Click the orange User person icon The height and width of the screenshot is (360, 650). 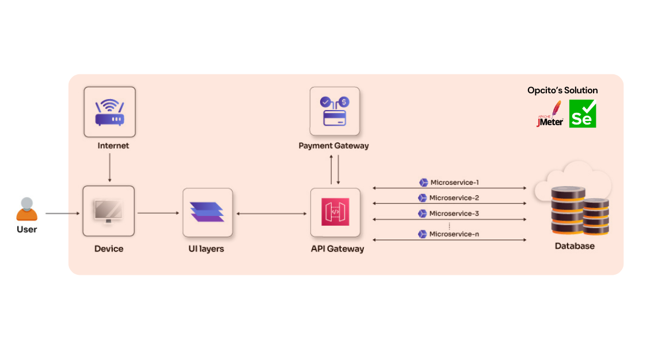click(x=26, y=210)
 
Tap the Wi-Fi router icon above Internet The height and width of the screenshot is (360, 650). click(x=109, y=112)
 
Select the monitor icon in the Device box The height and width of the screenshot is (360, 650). click(x=109, y=211)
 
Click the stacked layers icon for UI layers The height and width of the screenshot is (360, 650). click(x=207, y=212)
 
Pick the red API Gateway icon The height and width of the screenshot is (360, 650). click(x=335, y=212)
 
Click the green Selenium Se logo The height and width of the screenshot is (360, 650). click(x=582, y=113)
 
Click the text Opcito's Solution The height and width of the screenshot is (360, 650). click(x=562, y=90)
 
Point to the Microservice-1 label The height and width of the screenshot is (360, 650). click(x=454, y=183)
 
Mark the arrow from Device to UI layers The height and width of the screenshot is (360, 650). click(x=158, y=213)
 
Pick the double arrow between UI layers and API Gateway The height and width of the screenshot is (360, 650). click(x=271, y=214)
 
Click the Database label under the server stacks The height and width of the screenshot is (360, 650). click(x=574, y=246)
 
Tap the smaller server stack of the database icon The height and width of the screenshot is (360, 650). click(x=595, y=216)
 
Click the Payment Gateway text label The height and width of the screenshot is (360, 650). click(x=333, y=146)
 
